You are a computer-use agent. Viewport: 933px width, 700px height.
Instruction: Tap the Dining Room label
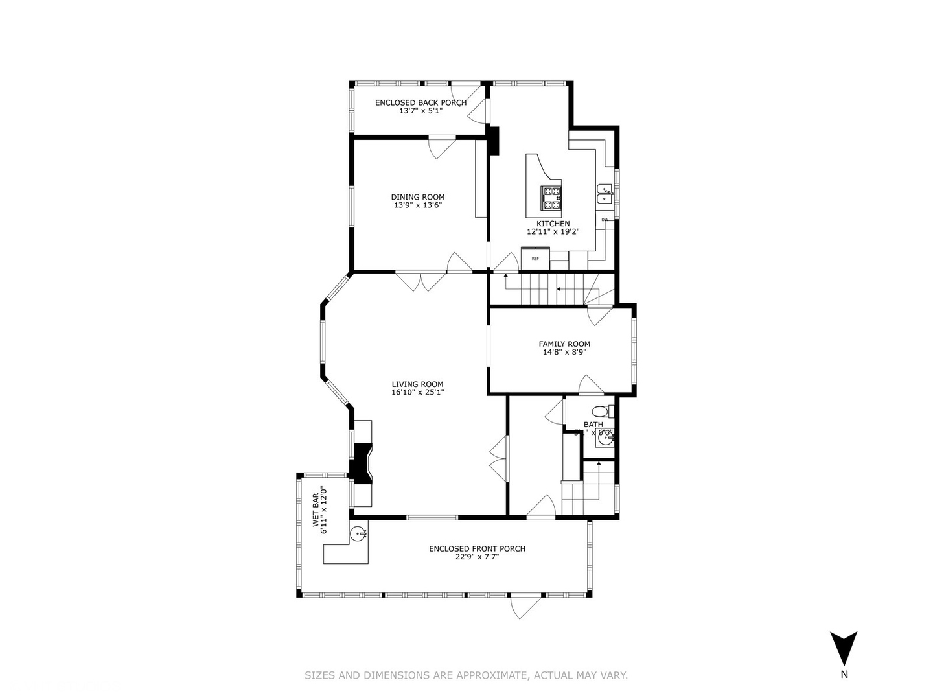pos(417,197)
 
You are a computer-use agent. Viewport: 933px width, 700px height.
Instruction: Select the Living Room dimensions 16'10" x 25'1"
pos(417,392)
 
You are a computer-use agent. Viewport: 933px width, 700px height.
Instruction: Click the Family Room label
pos(564,344)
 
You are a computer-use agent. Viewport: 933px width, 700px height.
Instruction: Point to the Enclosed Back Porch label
pos(420,102)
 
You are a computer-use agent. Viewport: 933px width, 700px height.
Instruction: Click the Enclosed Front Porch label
pos(477,549)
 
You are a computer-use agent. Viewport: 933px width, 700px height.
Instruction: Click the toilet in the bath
pos(600,411)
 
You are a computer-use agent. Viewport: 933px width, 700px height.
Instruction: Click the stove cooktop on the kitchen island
pos(551,198)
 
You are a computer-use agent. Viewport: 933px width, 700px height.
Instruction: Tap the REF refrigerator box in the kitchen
pos(535,259)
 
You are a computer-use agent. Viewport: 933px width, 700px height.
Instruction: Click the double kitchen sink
pos(604,194)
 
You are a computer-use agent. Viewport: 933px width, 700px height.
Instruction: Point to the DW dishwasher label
pos(605,220)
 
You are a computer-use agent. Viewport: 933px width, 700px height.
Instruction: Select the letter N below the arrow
pos(844,675)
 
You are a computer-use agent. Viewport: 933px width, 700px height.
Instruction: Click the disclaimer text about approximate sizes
pos(466,675)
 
